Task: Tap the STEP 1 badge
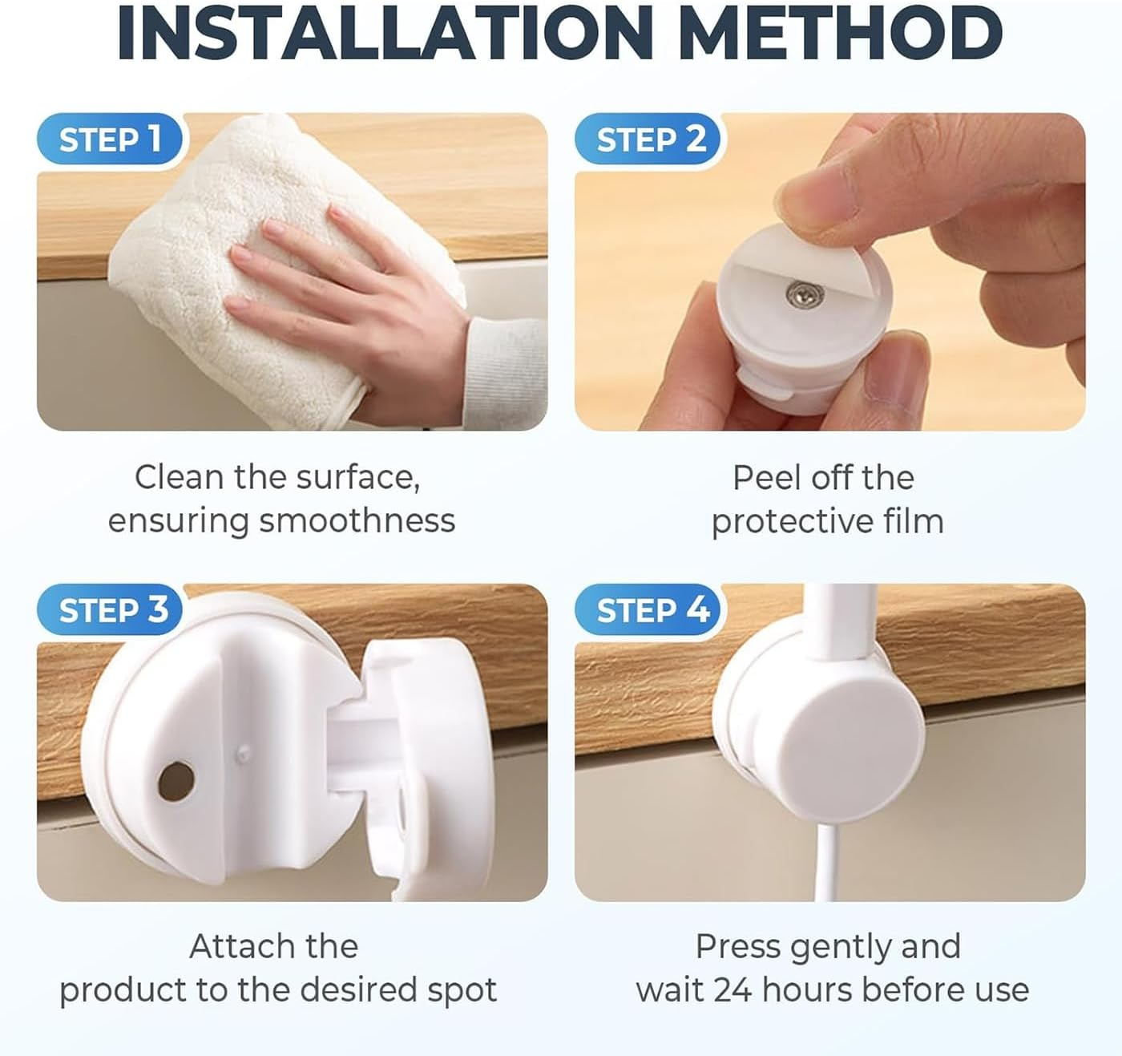(x=110, y=139)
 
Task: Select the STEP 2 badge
(x=648, y=139)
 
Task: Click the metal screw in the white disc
(x=805, y=293)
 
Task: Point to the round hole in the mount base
(x=176, y=781)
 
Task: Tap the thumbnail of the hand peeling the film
(x=829, y=271)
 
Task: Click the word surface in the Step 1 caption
(x=357, y=478)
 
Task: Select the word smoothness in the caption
(x=357, y=520)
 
